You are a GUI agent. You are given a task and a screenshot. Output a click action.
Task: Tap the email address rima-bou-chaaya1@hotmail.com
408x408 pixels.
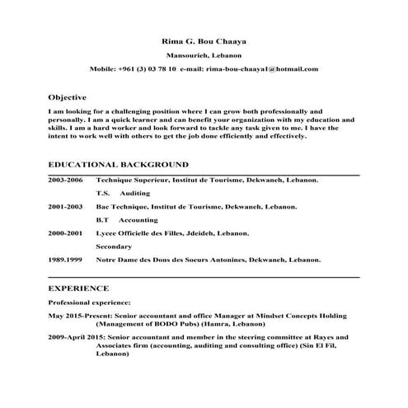pyautogui.click(x=262, y=71)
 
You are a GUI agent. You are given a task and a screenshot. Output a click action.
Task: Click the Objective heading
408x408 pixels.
pyautogui.click(x=68, y=96)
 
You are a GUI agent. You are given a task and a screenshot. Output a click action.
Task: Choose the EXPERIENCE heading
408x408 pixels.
pyautogui.click(x=78, y=288)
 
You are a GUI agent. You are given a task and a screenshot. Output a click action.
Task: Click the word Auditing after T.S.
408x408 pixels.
pyautogui.click(x=135, y=192)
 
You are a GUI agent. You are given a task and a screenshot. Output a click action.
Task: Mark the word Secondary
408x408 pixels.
pyautogui.click(x=114, y=246)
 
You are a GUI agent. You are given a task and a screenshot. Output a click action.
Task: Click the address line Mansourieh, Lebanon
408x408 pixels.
pyautogui.click(x=203, y=56)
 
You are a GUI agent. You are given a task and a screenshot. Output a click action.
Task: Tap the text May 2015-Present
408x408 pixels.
pyautogui.click(x=79, y=316)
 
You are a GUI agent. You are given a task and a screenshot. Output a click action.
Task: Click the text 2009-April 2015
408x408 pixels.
pyautogui.click(x=81, y=337)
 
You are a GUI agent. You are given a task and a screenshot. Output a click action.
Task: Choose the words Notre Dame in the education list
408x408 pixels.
pyautogui.click(x=115, y=260)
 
